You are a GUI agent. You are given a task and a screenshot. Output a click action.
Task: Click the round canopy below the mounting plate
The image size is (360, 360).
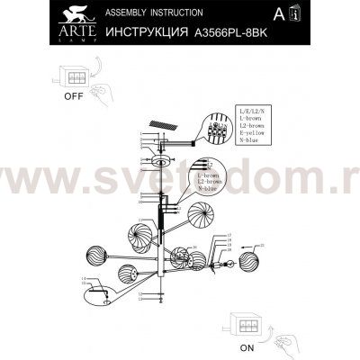161,160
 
